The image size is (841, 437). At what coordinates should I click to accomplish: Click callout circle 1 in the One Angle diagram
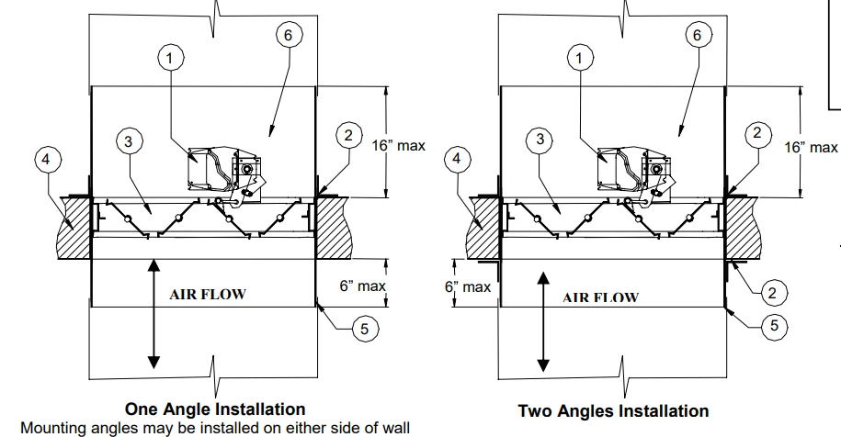[170, 58]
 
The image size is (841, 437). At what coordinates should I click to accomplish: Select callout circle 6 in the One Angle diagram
[288, 34]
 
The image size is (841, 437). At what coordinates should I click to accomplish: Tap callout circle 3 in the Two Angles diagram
[540, 140]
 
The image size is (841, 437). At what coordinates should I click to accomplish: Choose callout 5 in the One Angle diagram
[366, 329]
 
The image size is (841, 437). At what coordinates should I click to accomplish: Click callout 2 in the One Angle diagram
[347, 136]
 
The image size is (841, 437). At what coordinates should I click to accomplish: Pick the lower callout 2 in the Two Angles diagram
[771, 293]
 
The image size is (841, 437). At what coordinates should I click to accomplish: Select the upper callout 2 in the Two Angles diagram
[756, 133]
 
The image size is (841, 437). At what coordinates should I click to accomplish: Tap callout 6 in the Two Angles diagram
[696, 34]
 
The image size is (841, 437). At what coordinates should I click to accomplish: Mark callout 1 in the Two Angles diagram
[578, 58]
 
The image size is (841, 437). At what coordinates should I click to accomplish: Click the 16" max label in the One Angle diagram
[398, 147]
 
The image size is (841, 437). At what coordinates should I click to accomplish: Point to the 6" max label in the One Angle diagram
[362, 286]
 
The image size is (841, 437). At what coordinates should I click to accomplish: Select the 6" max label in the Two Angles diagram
[469, 286]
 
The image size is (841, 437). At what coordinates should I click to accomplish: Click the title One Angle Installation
[215, 409]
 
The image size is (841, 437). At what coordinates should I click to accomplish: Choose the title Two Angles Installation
[613, 410]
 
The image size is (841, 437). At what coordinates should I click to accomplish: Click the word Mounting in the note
[51, 427]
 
